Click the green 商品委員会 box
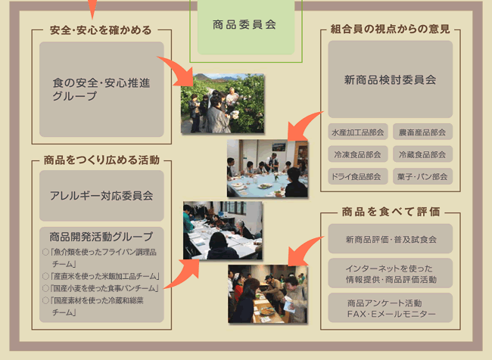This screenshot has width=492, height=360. tap(246, 26)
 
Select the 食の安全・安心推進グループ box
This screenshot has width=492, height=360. tap(101, 89)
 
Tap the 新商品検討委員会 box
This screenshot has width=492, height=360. tap(391, 79)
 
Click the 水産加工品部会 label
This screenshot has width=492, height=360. tap(358, 132)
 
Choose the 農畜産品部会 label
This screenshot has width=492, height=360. tap(422, 132)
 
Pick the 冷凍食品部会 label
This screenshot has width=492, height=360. tap(358, 154)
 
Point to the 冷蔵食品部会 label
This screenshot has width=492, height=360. tap(422, 154)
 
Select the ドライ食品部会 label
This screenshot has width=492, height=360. tap(358, 176)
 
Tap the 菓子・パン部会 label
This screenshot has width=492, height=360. tap(422, 176)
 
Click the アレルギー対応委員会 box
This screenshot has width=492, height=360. tap(101, 196)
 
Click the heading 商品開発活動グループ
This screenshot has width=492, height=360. tap(101, 237)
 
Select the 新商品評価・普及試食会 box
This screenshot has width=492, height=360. tap(391, 239)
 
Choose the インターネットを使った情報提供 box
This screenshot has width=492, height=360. tap(391, 274)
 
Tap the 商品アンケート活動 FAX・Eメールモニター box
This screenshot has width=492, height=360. tap(391, 308)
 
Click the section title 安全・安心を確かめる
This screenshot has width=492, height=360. tap(101, 30)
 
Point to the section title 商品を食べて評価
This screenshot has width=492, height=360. tap(391, 212)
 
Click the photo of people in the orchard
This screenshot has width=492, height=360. tap(223, 103)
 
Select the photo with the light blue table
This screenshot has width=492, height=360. tap(268, 169)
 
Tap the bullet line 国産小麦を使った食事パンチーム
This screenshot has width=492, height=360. tap(101, 288)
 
